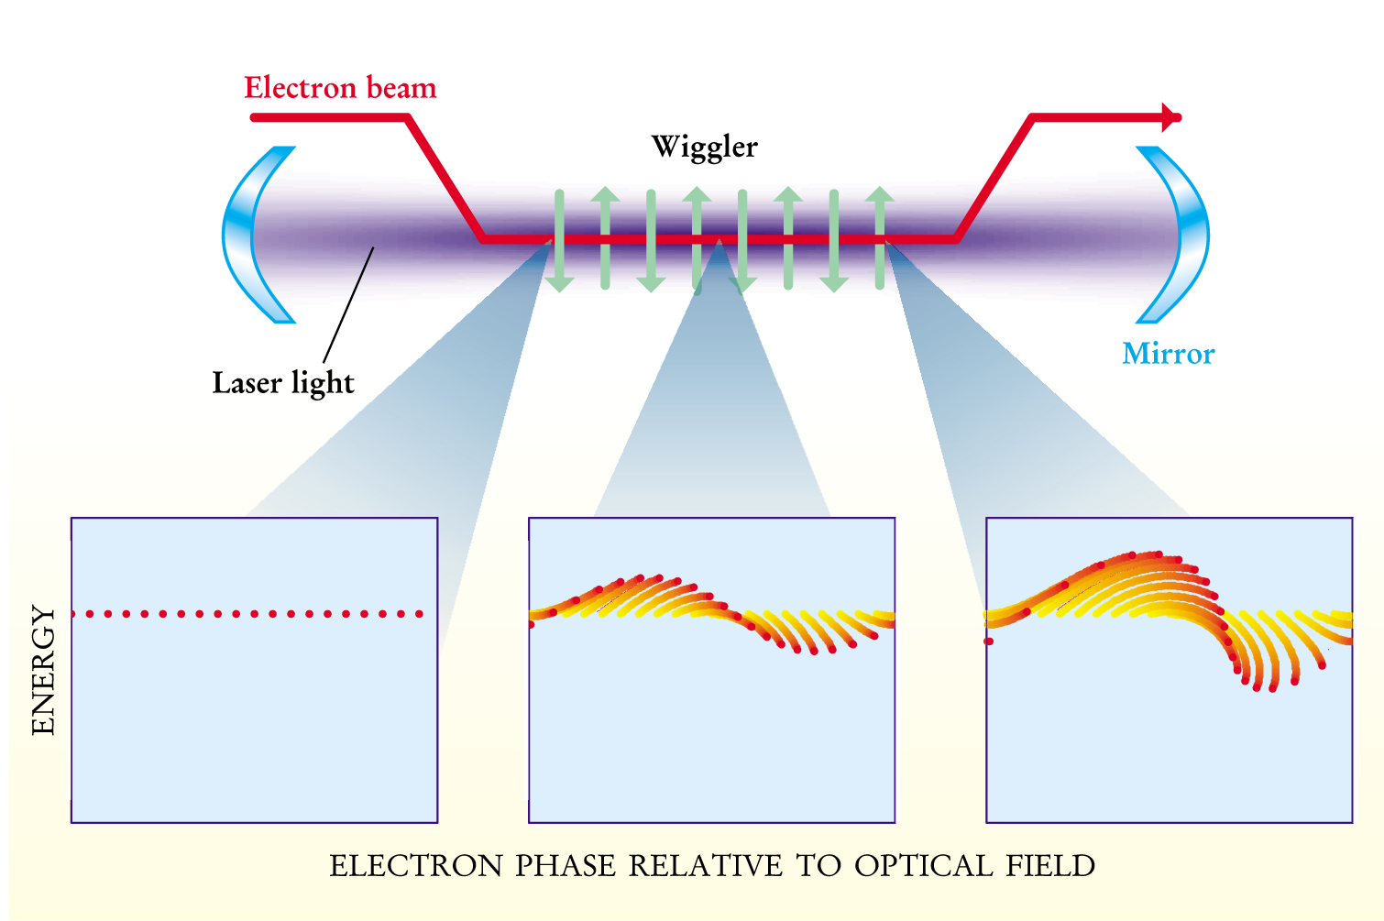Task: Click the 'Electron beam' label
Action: (340, 88)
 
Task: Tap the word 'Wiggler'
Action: (704, 147)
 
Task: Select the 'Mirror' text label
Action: (1168, 354)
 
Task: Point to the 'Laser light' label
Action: (282, 383)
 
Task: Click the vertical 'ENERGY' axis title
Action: (43, 670)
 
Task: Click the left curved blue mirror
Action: (240, 235)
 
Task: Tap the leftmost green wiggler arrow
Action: (559, 240)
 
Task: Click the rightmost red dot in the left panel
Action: (420, 614)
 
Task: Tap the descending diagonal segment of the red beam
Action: (445, 179)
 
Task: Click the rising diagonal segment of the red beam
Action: (994, 179)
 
